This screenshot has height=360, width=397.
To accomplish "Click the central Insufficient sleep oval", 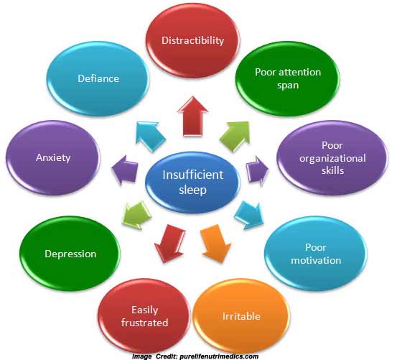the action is [x=192, y=182].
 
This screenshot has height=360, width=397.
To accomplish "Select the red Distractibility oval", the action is [x=192, y=40].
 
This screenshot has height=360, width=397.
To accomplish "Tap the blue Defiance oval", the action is [x=98, y=79].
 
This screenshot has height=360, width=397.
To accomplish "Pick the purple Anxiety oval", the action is [x=53, y=157].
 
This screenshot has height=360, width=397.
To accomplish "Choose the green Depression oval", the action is [x=70, y=254].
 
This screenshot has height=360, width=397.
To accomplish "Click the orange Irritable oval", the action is [x=241, y=316].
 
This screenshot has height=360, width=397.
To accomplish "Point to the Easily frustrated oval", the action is [x=144, y=316].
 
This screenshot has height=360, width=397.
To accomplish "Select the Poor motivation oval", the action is [x=316, y=254].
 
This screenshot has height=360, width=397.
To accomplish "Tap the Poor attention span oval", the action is [x=288, y=79].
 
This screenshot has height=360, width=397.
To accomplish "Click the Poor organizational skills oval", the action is [x=332, y=157].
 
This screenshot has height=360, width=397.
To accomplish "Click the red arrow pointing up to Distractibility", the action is [x=192, y=116].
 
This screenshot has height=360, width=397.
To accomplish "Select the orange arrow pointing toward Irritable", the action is [x=215, y=244].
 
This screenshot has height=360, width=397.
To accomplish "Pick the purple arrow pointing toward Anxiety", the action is [x=125, y=170].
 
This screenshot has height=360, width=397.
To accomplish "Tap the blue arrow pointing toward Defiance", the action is [x=150, y=136].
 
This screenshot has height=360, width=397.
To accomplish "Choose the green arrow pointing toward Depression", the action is [x=136, y=216].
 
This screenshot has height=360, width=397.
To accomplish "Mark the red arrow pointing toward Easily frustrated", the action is [x=169, y=244].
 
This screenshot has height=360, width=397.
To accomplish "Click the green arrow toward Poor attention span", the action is [x=235, y=136].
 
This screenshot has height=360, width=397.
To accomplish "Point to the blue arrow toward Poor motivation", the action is [x=249, y=216].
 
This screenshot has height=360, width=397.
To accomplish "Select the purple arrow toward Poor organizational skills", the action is [x=257, y=170].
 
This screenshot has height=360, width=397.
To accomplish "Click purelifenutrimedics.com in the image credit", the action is [x=219, y=356].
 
